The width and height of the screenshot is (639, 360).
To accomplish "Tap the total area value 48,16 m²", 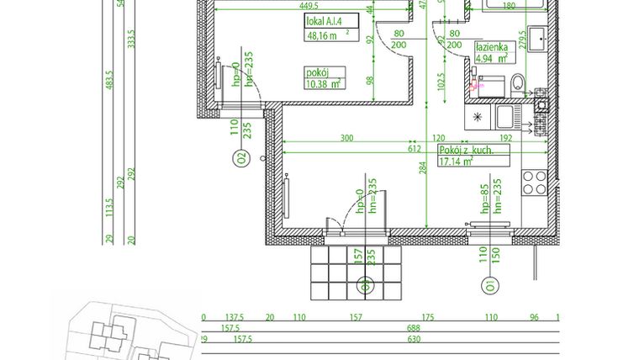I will point(324,35).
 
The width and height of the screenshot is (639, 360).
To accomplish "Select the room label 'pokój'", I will point(317,72).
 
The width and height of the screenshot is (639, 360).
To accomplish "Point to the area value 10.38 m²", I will point(323,83).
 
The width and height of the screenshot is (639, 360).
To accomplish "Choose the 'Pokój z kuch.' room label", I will point(465,150).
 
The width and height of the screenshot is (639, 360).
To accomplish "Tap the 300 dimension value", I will point(346,137).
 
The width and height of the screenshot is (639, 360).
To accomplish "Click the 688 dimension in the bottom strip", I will point(413,329).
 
